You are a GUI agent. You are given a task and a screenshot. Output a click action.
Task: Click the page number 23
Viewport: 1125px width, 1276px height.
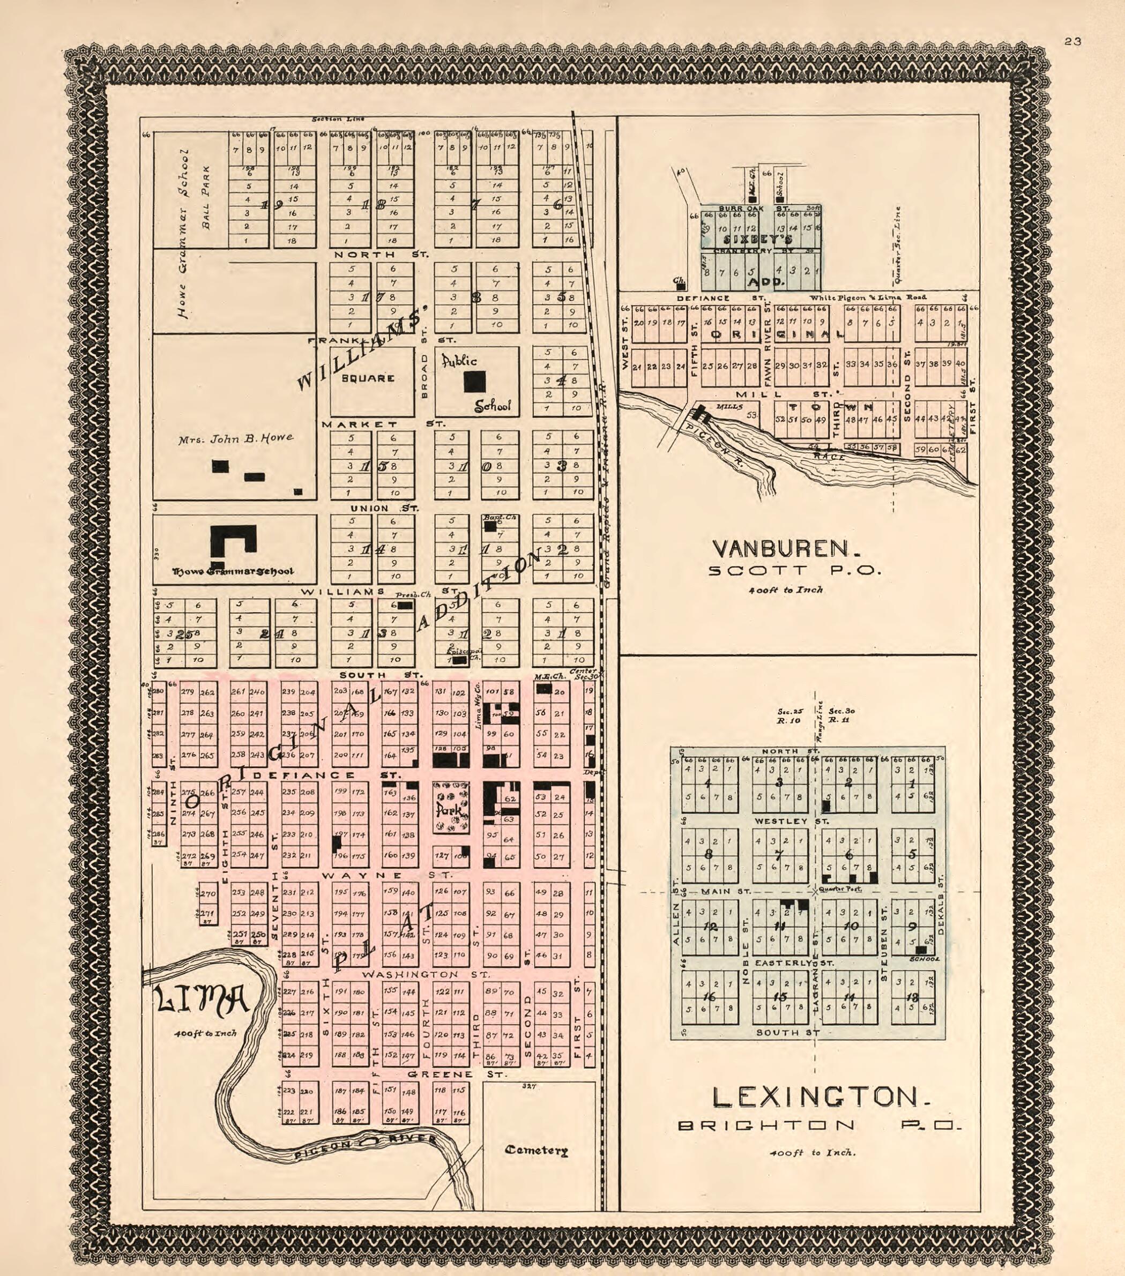coord(1072,42)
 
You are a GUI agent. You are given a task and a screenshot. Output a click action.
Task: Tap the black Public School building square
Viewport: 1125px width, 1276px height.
coord(474,382)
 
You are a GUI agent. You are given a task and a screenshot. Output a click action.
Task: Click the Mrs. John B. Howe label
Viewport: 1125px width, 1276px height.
coord(235,439)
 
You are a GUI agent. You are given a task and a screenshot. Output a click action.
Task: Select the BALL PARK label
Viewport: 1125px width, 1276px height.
coord(205,197)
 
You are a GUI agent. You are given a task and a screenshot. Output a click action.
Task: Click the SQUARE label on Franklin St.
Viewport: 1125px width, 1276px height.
coord(368,378)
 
